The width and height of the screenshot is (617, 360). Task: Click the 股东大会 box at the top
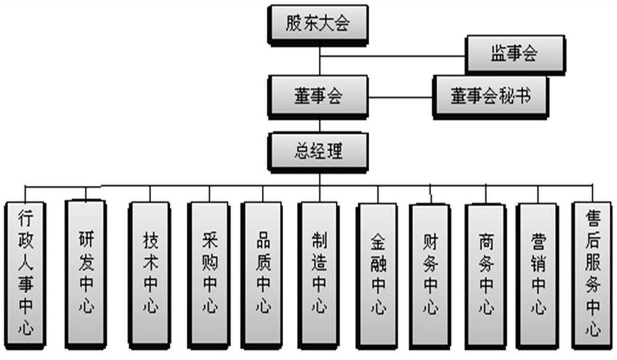[x=317, y=24]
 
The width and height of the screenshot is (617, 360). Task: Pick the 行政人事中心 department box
[x=25, y=273]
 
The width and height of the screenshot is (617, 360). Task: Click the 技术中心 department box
[x=151, y=273]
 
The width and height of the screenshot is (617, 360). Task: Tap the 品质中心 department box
[x=263, y=273]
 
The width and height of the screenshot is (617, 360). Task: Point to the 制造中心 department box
[x=319, y=273]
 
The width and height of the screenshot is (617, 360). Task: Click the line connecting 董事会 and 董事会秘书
[x=401, y=97]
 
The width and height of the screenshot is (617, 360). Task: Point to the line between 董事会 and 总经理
[x=319, y=127]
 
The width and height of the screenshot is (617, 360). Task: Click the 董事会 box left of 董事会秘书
[x=317, y=97]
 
